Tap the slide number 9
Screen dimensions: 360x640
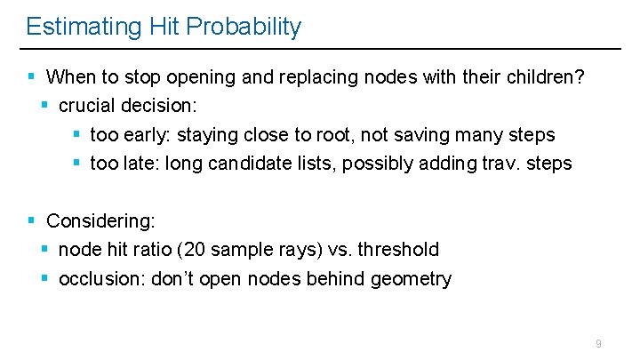(x=598, y=343)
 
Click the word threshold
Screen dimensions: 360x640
(x=398, y=250)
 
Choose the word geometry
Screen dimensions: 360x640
(x=410, y=279)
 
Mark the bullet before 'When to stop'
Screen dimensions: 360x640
(x=31, y=76)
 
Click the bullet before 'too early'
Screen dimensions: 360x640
(x=77, y=135)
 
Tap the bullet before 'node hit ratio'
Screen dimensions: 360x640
(x=45, y=250)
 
